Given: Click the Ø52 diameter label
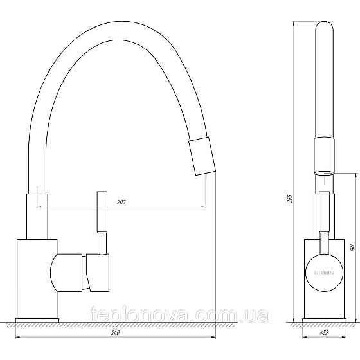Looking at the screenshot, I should point(325,333).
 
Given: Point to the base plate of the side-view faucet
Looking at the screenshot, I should point(37,319).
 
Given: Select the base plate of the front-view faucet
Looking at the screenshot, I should point(325,319).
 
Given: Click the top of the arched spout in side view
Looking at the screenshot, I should point(116,26).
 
